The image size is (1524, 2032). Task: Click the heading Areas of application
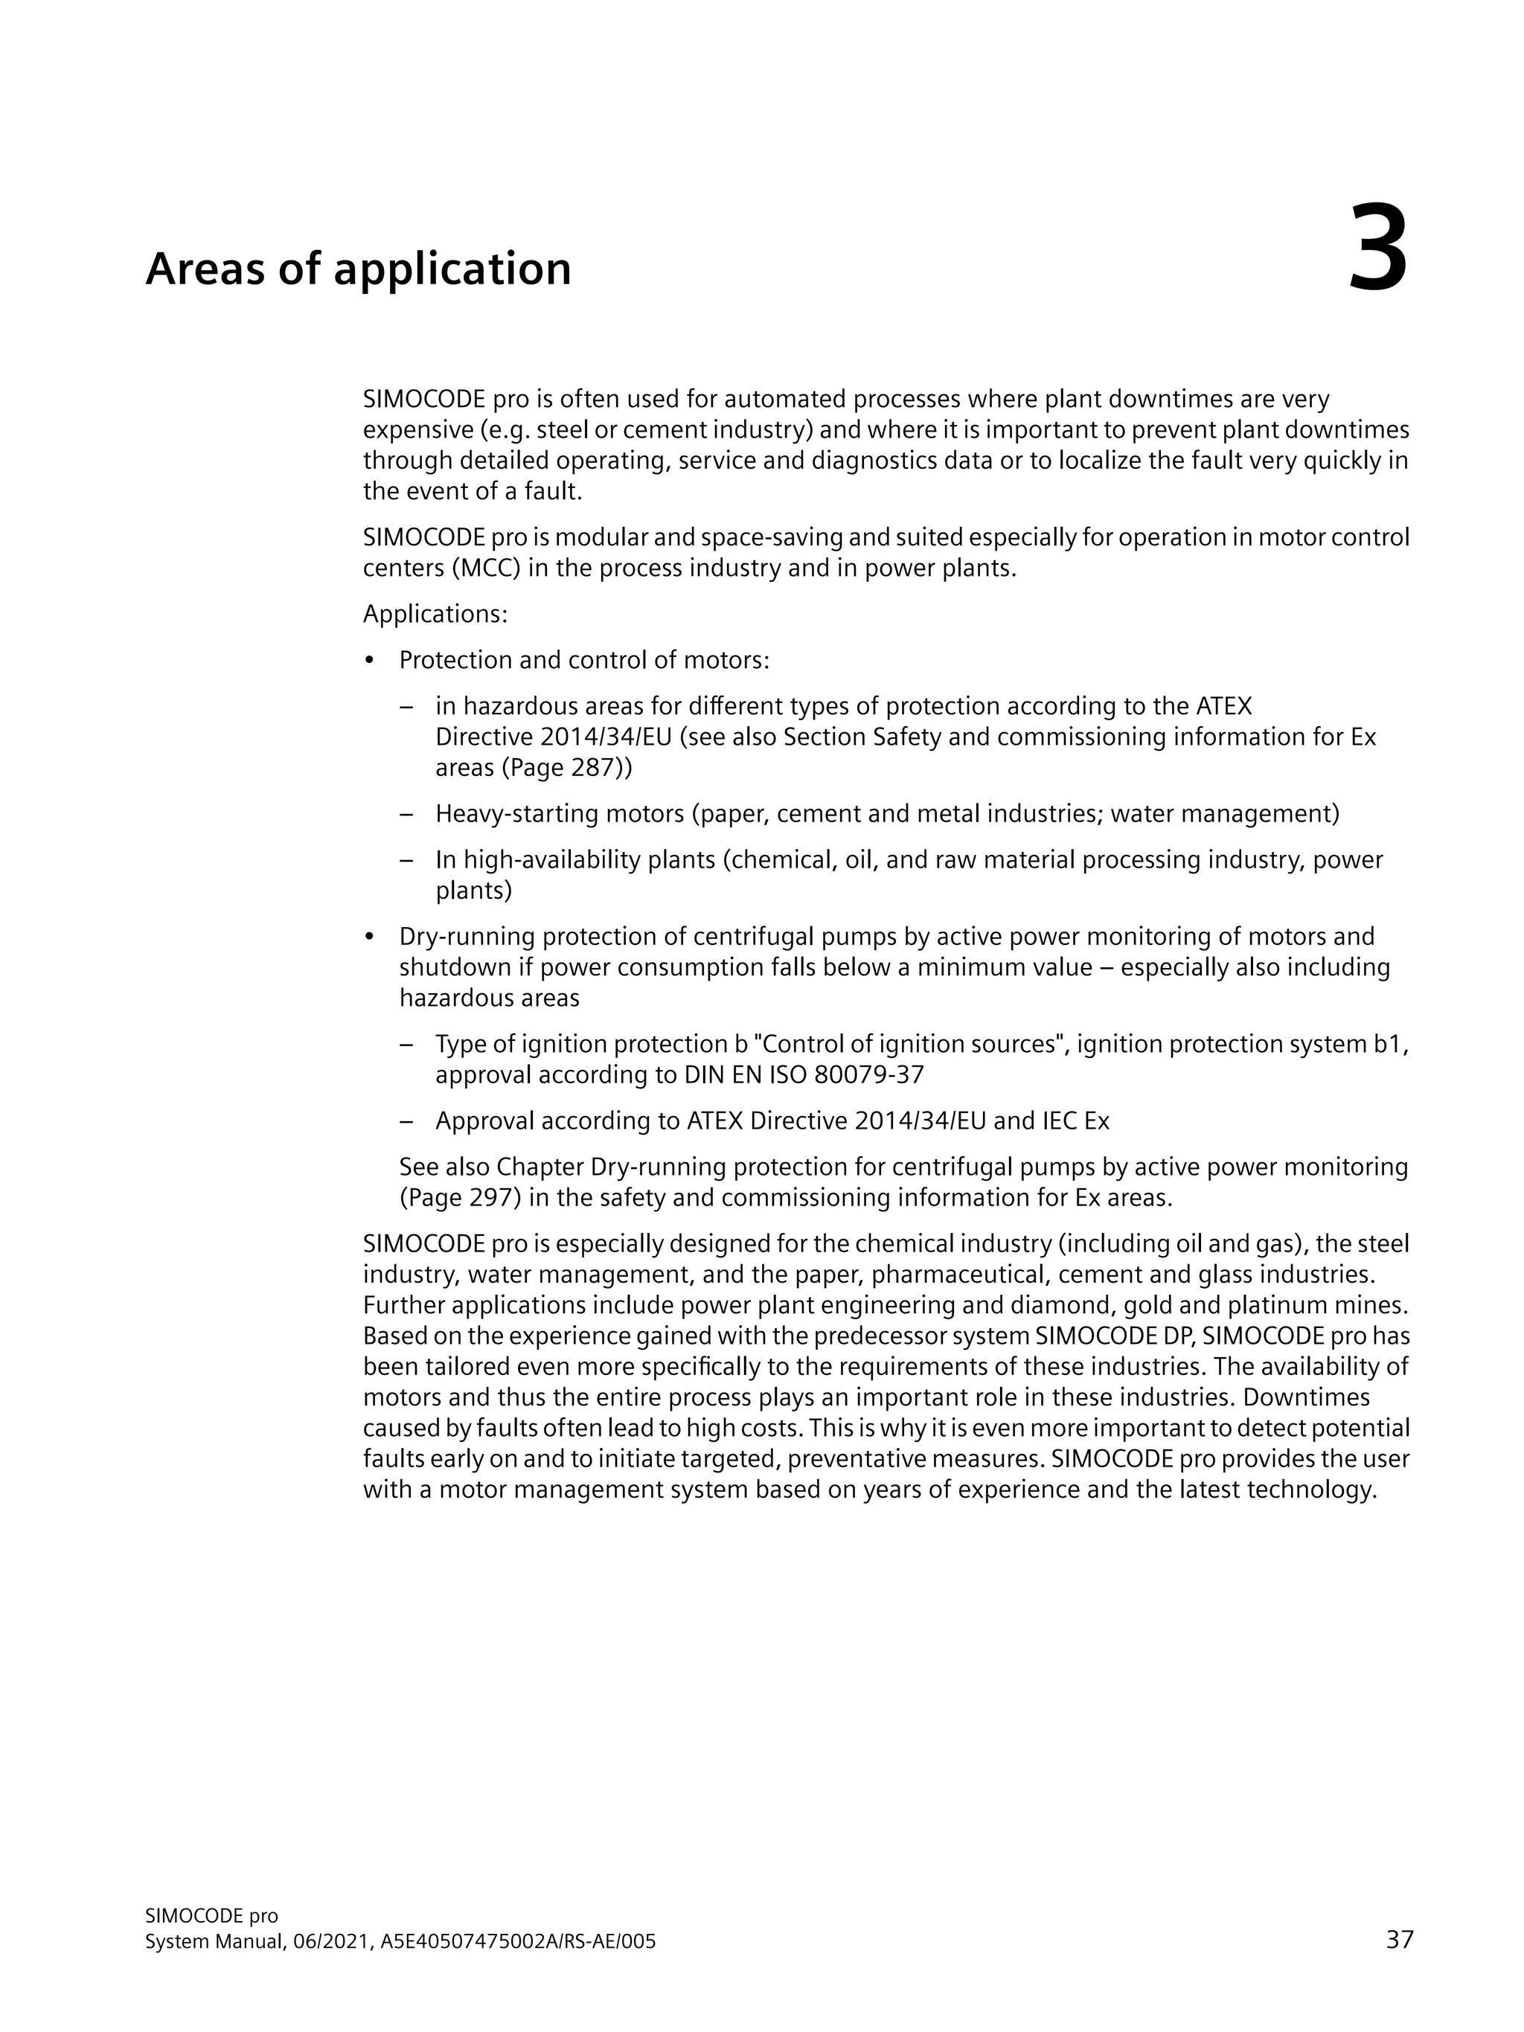point(358,269)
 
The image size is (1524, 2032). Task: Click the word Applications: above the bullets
point(435,614)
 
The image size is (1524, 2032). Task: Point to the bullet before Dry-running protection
point(370,937)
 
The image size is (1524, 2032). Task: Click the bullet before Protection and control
point(370,661)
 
